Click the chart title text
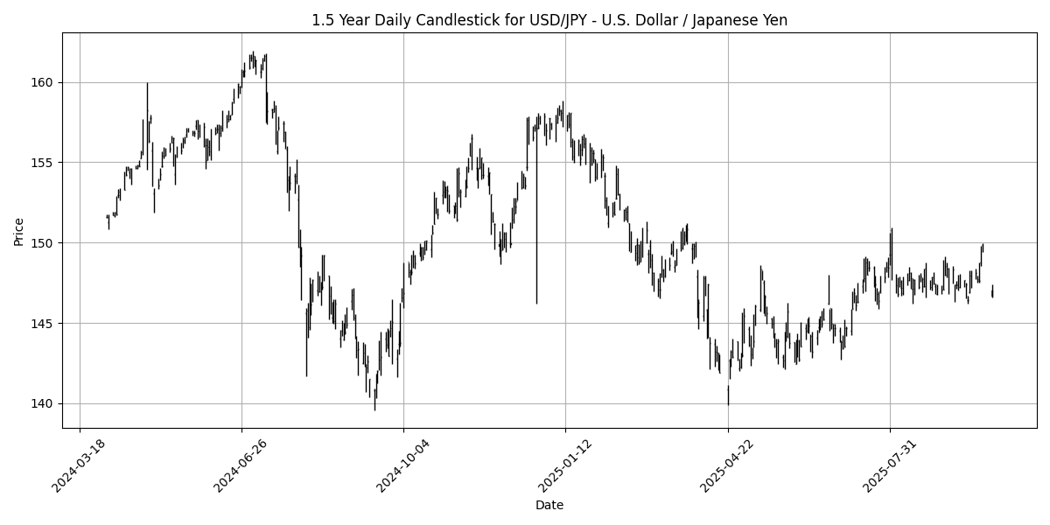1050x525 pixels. [549, 20]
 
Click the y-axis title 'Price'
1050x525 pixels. [18, 231]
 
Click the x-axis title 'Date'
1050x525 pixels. [549, 505]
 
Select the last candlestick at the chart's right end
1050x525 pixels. [992, 291]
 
